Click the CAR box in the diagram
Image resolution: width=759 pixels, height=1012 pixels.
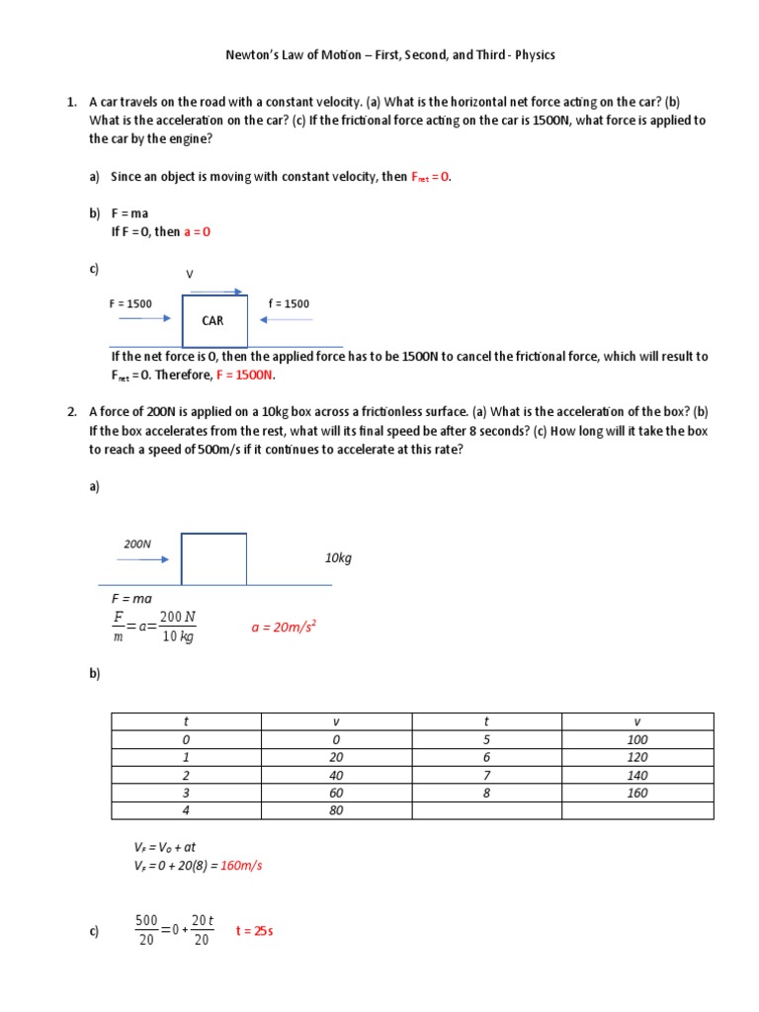[213, 320]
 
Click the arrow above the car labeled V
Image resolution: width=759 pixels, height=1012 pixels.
[214, 292]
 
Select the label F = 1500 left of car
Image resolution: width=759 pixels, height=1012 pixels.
[130, 303]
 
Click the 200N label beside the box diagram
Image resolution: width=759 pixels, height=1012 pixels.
[137, 544]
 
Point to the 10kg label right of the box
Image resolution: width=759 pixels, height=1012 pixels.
[338, 558]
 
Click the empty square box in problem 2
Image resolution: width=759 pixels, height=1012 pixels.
[213, 558]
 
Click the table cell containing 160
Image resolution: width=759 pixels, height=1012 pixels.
[636, 793]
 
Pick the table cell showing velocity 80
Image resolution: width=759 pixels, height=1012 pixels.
[336, 810]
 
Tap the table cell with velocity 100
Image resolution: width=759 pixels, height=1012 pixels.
[636, 739]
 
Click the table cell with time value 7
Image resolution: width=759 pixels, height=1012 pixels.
[486, 775]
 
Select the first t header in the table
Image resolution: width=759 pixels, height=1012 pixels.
[185, 721]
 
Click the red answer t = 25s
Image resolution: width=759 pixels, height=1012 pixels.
[253, 930]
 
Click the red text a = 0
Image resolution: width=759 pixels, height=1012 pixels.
[198, 232]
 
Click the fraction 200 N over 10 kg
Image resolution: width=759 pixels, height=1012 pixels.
[178, 627]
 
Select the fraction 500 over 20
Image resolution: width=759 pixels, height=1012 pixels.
[146, 930]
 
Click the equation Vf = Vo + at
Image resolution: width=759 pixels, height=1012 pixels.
[165, 847]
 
